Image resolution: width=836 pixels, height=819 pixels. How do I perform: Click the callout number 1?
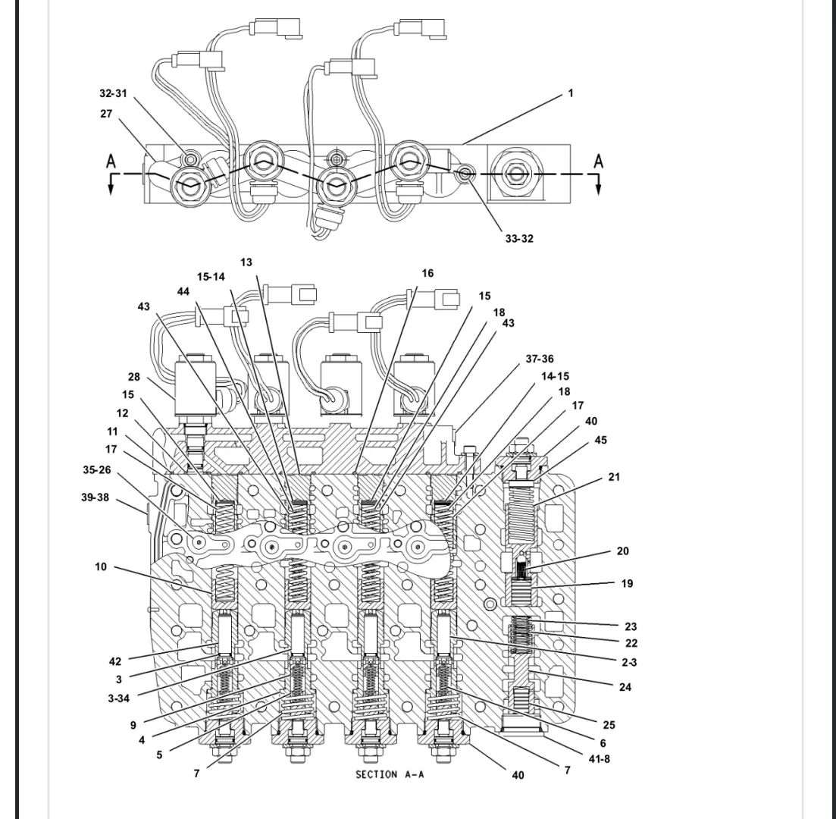(571, 93)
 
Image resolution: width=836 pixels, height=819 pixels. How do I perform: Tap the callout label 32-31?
(113, 93)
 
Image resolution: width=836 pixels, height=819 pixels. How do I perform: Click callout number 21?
(614, 476)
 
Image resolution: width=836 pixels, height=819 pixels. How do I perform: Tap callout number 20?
(622, 551)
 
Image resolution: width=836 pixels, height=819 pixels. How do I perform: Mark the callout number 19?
(627, 584)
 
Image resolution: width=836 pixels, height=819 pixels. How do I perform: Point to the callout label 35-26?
(96, 469)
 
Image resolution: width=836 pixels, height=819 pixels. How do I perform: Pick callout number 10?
(100, 566)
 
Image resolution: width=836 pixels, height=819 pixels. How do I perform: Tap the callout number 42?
(114, 662)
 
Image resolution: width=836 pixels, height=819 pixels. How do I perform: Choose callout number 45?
(601, 440)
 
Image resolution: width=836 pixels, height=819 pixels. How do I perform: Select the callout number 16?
(427, 274)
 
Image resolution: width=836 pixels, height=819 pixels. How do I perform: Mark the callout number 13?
(246, 262)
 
